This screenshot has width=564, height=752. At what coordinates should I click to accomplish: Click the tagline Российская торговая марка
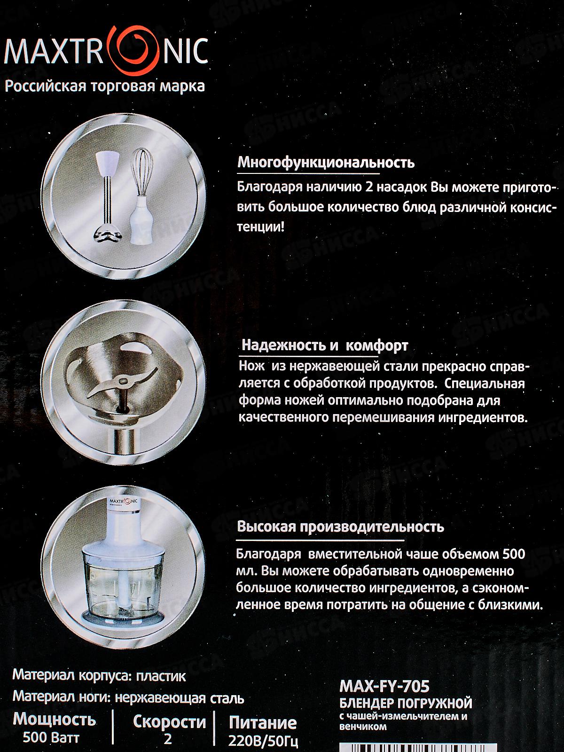105,86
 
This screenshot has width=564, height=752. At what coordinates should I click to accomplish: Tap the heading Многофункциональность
326,163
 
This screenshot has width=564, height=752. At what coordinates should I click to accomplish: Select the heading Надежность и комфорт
325,345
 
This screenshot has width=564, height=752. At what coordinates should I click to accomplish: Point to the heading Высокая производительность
340,526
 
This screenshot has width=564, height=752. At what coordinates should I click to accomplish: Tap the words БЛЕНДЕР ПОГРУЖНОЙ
406,703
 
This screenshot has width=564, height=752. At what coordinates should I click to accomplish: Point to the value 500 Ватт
51,737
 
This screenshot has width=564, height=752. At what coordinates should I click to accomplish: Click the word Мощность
55,720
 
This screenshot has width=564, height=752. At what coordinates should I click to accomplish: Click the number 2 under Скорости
167,739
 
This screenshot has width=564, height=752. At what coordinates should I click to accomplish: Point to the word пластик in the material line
161,676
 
